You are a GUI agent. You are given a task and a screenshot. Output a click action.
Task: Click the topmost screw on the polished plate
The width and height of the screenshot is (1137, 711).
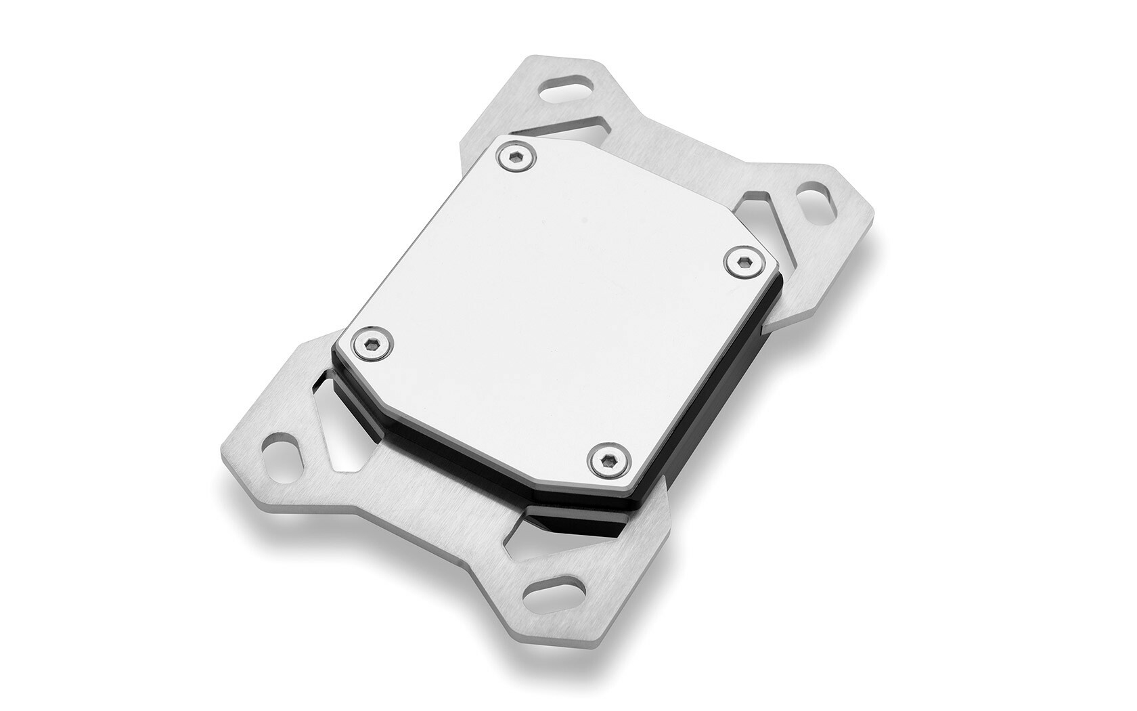click(x=516, y=158)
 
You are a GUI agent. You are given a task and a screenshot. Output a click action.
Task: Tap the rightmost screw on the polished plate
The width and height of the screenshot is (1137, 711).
click(x=742, y=261)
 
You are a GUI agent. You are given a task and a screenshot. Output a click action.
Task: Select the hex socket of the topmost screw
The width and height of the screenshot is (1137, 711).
click(x=516, y=158)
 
